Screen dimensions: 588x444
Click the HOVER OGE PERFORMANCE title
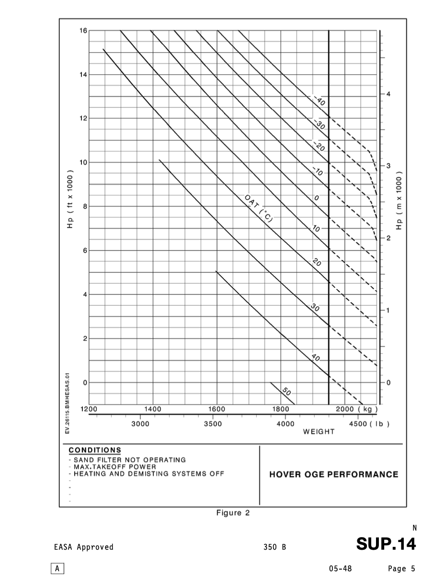pyautogui.click(x=333, y=475)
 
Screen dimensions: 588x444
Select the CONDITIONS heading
pyautogui.click(x=95, y=450)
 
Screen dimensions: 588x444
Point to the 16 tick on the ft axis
pyautogui.click(x=83, y=31)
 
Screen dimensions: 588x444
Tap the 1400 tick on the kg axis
pyautogui.click(x=153, y=409)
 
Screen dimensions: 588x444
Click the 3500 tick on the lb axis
pyautogui.click(x=213, y=424)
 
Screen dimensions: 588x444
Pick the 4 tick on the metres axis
pyautogui.click(x=388, y=94)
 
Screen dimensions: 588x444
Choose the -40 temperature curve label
pyautogui.click(x=320, y=102)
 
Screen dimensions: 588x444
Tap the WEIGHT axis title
pyautogui.click(x=319, y=431)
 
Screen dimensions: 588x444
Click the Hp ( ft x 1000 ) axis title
pyautogui.click(x=70, y=199)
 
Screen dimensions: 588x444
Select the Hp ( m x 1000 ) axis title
pyautogui.click(x=399, y=200)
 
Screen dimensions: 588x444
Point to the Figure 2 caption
pyautogui.click(x=233, y=513)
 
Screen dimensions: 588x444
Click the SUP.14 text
pyautogui.click(x=386, y=544)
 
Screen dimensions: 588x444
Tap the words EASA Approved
pyautogui.click(x=84, y=547)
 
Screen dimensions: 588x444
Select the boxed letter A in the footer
pyautogui.click(x=57, y=569)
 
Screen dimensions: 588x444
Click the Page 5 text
pyautogui.click(x=401, y=569)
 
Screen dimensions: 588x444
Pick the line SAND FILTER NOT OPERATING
pyautogui.click(x=129, y=460)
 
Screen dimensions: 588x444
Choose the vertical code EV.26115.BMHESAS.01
pyautogui.click(x=68, y=403)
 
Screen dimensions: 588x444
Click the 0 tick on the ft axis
pyautogui.click(x=85, y=383)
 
